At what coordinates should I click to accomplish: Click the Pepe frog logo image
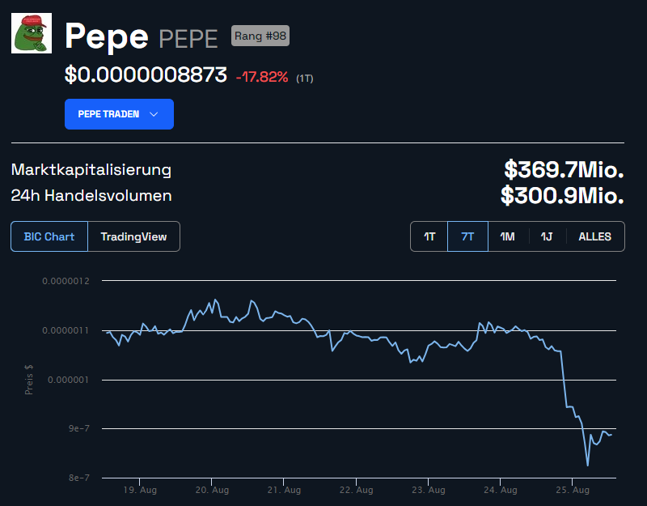coord(32,33)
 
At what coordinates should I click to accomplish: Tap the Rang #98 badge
coord(260,36)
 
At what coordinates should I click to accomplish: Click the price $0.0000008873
coord(146,76)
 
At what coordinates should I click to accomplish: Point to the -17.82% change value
coord(261,77)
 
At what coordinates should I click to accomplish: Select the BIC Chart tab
coord(49,236)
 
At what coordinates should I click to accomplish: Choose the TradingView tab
coord(133,236)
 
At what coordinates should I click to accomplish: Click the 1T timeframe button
coord(429,236)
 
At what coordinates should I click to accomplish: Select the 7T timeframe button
coord(467,236)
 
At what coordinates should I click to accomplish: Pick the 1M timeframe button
coord(507,236)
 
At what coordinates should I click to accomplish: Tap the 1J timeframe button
coord(547,236)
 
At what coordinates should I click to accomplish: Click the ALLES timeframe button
coord(594,236)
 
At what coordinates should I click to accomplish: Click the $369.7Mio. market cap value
coord(564,170)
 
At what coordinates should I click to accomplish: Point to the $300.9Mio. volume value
coord(562,195)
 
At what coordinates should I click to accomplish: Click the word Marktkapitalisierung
coord(91,170)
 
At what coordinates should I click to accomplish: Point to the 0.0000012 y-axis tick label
coord(66,281)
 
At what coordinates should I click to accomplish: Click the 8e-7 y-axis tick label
coord(78,478)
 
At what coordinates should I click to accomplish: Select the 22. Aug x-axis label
coord(357,490)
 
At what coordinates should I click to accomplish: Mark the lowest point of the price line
coord(587,466)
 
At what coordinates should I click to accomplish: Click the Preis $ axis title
coord(29,379)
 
